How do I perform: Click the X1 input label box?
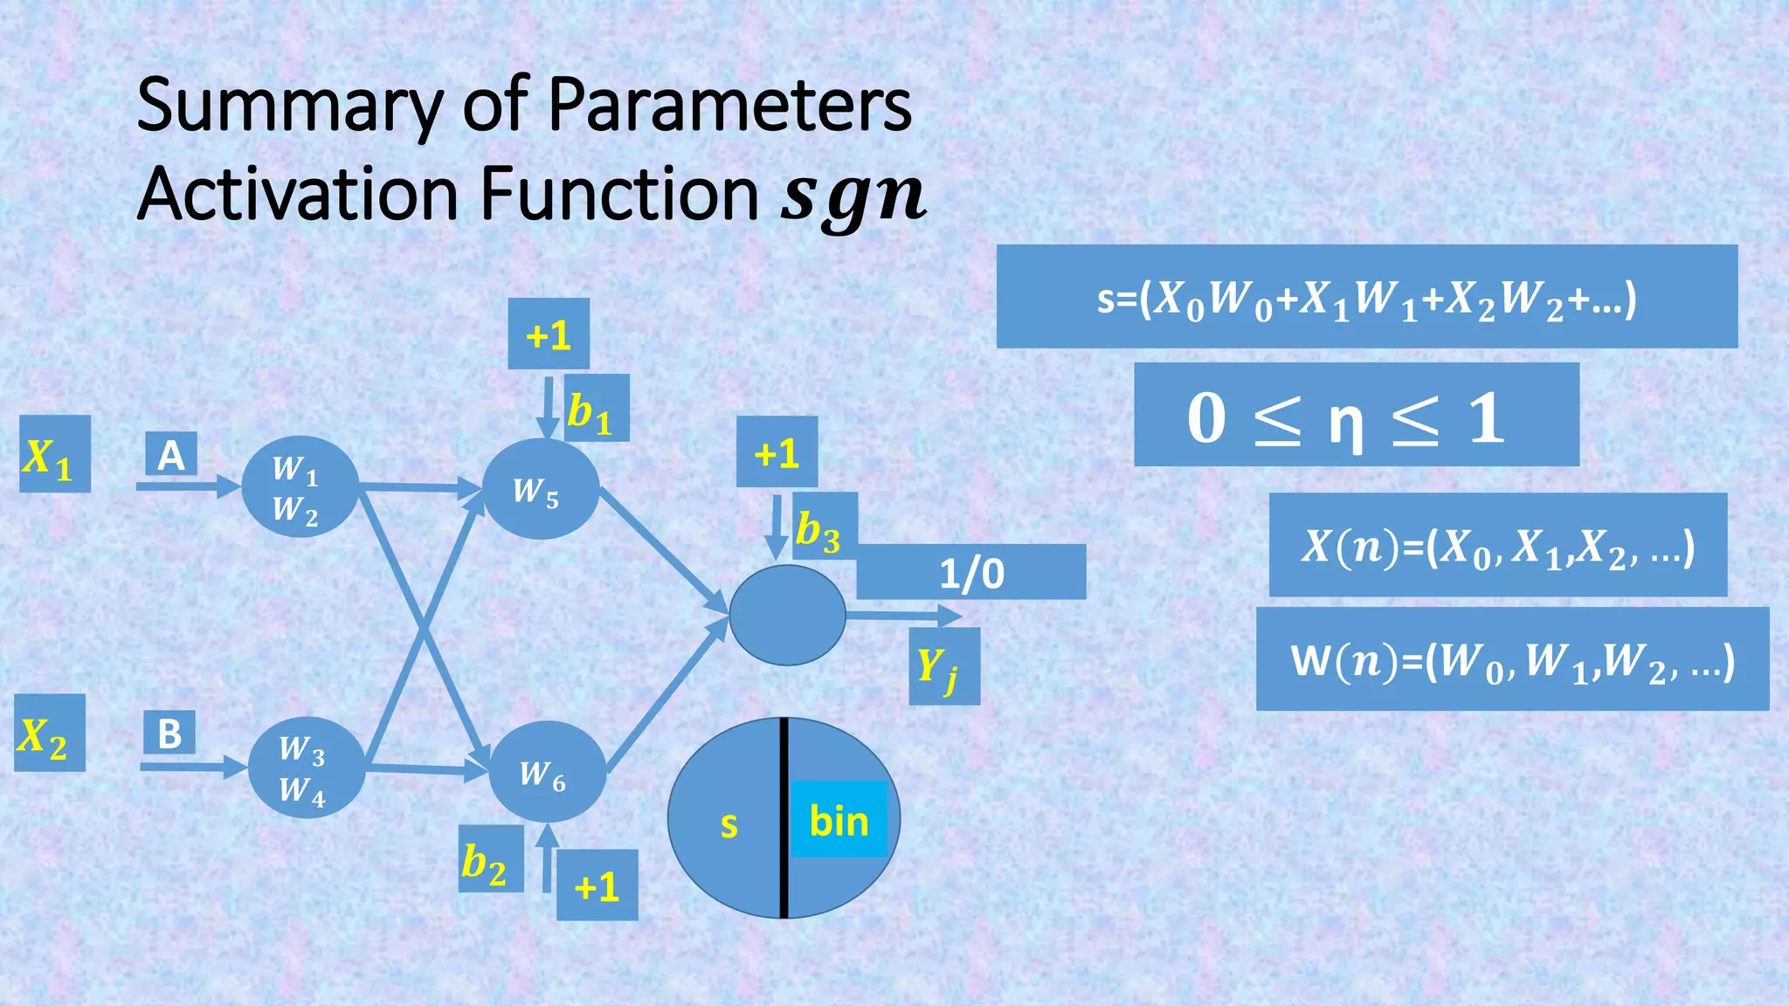point(54,454)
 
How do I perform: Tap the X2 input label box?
point(49,733)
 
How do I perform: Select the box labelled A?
point(171,454)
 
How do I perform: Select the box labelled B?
point(169,733)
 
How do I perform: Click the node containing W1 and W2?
point(300,486)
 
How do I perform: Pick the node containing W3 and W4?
point(306,768)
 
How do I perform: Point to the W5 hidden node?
point(540,490)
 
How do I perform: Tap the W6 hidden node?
point(547,772)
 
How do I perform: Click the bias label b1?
point(596,408)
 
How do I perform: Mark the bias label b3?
point(824,527)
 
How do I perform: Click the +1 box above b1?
point(549,334)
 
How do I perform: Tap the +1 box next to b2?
point(597,885)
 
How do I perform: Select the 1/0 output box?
point(970,572)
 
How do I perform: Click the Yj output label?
point(943,665)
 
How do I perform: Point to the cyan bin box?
point(839,819)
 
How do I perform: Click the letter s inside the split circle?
point(729,824)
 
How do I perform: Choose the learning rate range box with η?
point(1356,415)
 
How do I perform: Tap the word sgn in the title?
point(853,196)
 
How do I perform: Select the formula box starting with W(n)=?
point(1512,659)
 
